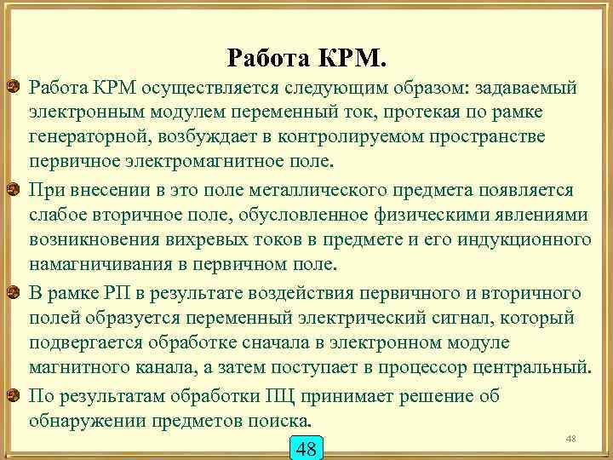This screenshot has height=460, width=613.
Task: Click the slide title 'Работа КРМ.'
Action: pyautogui.click(x=307, y=58)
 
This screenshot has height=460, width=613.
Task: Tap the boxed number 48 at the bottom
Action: pyautogui.click(x=304, y=447)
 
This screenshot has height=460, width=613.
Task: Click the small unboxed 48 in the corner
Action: pyautogui.click(x=570, y=437)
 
